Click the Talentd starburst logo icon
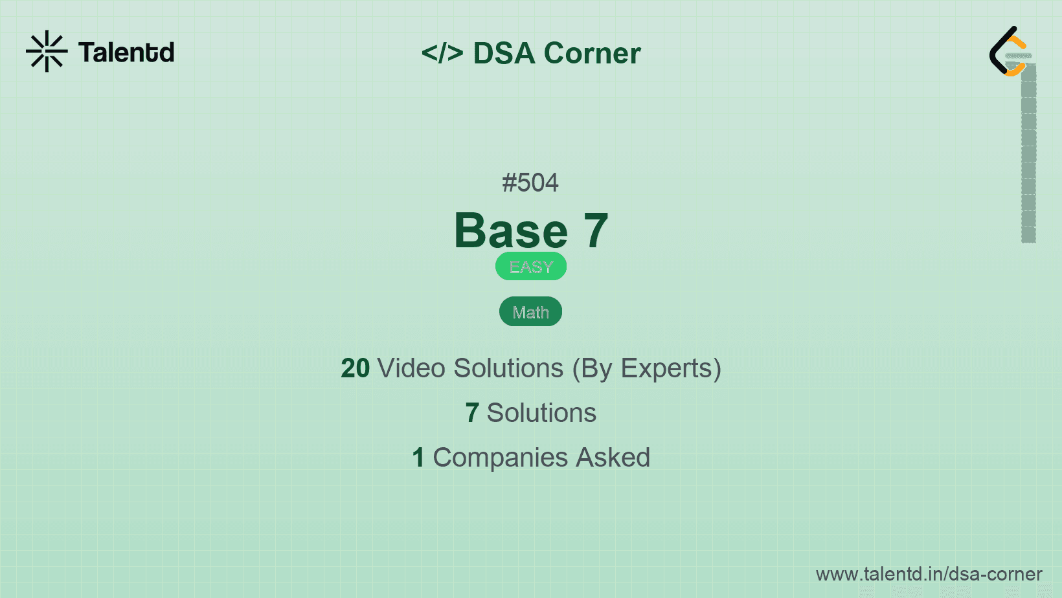47,51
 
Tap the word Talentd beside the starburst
126,52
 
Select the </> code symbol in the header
442,52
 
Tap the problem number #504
530,183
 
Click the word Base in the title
511,230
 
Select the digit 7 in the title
596,230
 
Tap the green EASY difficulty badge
531,266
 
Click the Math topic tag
530,311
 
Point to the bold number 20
355,368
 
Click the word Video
411,368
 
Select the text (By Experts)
647,369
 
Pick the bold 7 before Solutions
471,413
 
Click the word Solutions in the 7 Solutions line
541,413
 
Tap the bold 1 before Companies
418,458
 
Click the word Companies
500,458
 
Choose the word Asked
613,458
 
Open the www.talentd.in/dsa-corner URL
929,574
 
